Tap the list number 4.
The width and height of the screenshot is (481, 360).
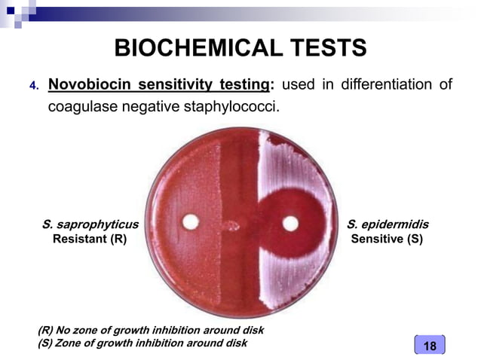pyautogui.click(x=33, y=85)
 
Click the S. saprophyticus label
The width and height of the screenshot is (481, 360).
pyautogui.click(x=90, y=224)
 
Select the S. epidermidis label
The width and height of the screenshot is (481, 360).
pyautogui.click(x=388, y=224)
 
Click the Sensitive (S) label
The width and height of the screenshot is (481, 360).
pyautogui.click(x=388, y=239)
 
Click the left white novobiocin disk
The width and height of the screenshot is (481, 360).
pyautogui.click(x=191, y=223)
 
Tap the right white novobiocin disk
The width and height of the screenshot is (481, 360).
pyautogui.click(x=290, y=223)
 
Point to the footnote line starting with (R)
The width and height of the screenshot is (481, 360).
pyautogui.click(x=151, y=331)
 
